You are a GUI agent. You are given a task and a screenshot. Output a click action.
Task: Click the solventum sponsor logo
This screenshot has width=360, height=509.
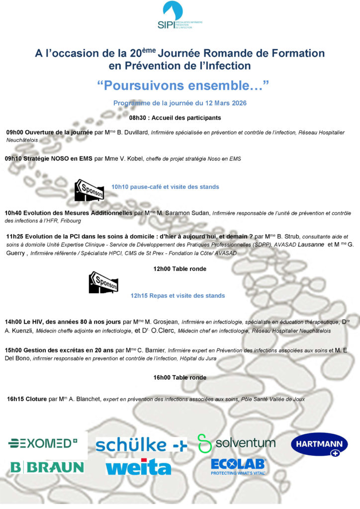[x=236, y=443]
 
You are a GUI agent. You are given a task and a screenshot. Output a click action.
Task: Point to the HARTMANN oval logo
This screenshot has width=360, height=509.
[x=319, y=444]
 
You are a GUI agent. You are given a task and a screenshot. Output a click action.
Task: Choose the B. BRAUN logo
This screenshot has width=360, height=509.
[x=47, y=467]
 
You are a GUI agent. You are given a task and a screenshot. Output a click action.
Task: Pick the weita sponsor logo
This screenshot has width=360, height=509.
[x=138, y=468]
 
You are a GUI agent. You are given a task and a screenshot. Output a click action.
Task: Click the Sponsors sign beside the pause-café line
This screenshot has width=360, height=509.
[x=89, y=189]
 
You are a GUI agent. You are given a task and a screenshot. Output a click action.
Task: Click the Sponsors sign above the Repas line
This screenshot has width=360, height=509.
[x=103, y=282]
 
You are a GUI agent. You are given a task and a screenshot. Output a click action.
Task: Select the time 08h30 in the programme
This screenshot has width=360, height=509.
[x=139, y=118]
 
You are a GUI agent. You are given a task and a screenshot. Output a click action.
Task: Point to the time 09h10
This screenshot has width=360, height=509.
[x=14, y=159]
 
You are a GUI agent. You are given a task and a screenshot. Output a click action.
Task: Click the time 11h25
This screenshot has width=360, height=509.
[x=15, y=237]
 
